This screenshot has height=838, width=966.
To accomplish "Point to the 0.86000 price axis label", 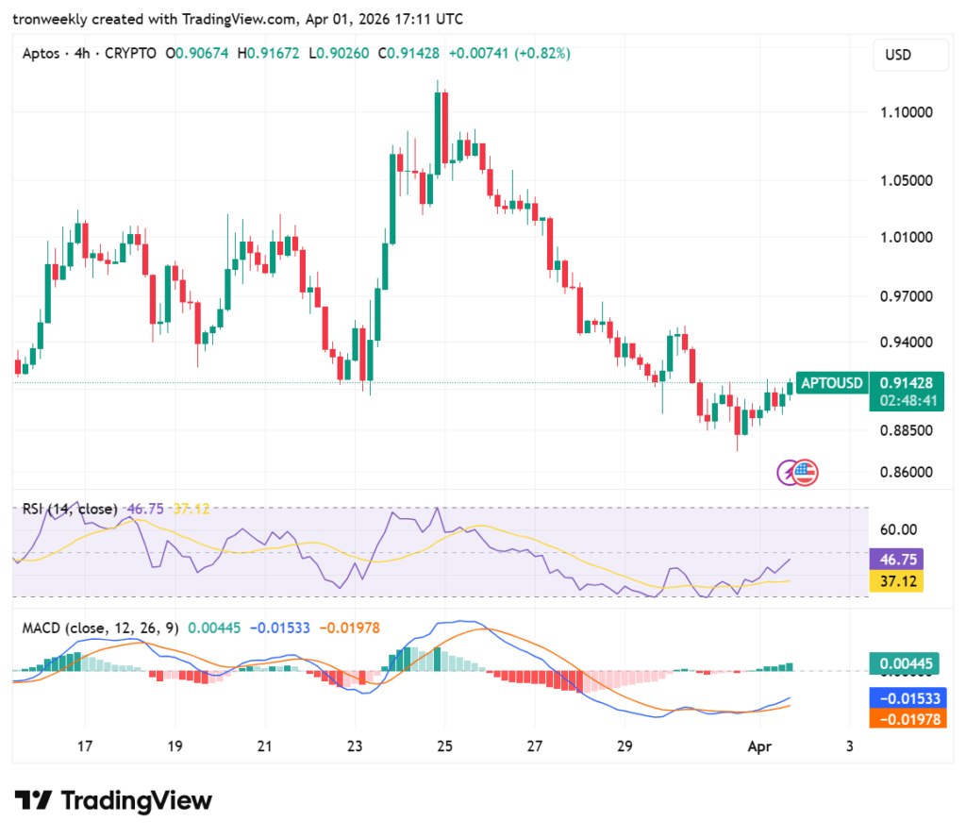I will coord(907,472).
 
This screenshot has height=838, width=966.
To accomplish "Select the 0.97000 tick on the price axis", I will coord(907,295).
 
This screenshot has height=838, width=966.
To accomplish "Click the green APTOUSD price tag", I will coord(831,383).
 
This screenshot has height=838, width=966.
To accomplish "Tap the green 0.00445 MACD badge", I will coord(906,664).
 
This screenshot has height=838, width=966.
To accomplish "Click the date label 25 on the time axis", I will coord(444,746).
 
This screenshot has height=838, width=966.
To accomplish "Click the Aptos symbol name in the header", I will coord(40,54).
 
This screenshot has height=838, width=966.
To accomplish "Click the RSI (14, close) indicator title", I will coord(70,509).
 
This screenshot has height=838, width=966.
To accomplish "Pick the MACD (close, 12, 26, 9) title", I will coord(100,628).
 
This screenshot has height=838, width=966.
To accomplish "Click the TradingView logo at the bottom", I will coord(113,800).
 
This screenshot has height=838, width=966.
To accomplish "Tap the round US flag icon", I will coord(805,473).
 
